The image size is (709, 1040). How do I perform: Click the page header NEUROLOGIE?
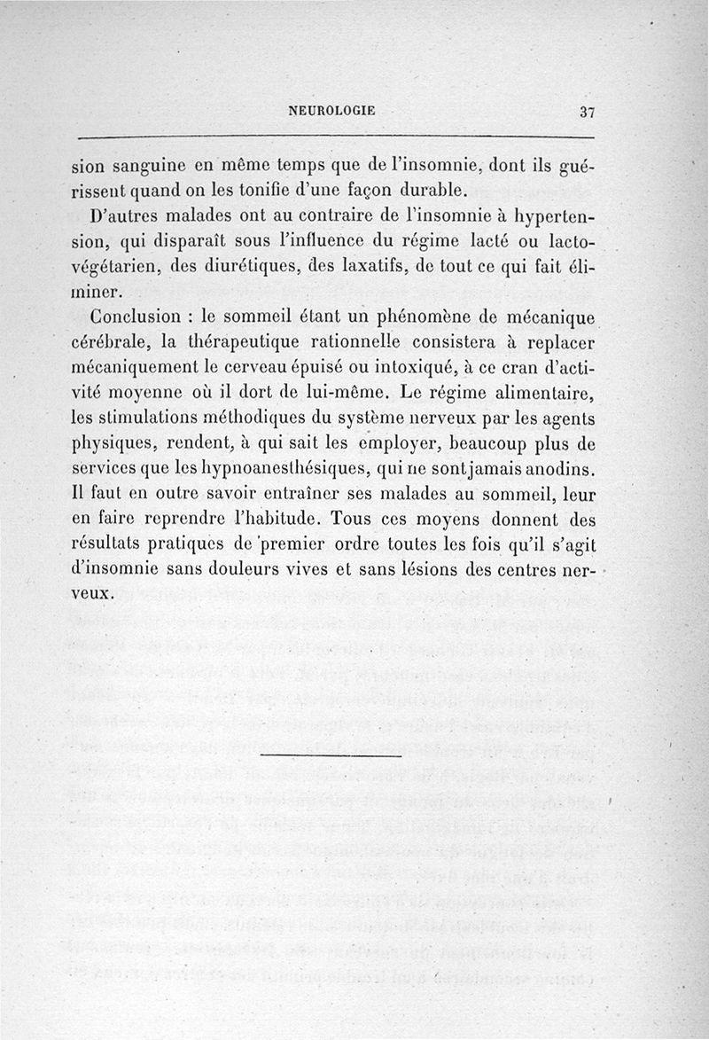pyautogui.click(x=332, y=111)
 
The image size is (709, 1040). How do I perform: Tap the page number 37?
pyautogui.click(x=588, y=112)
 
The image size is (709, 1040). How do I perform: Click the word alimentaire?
pyautogui.click(x=544, y=391)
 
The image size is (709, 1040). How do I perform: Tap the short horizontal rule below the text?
pyautogui.click(x=332, y=755)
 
